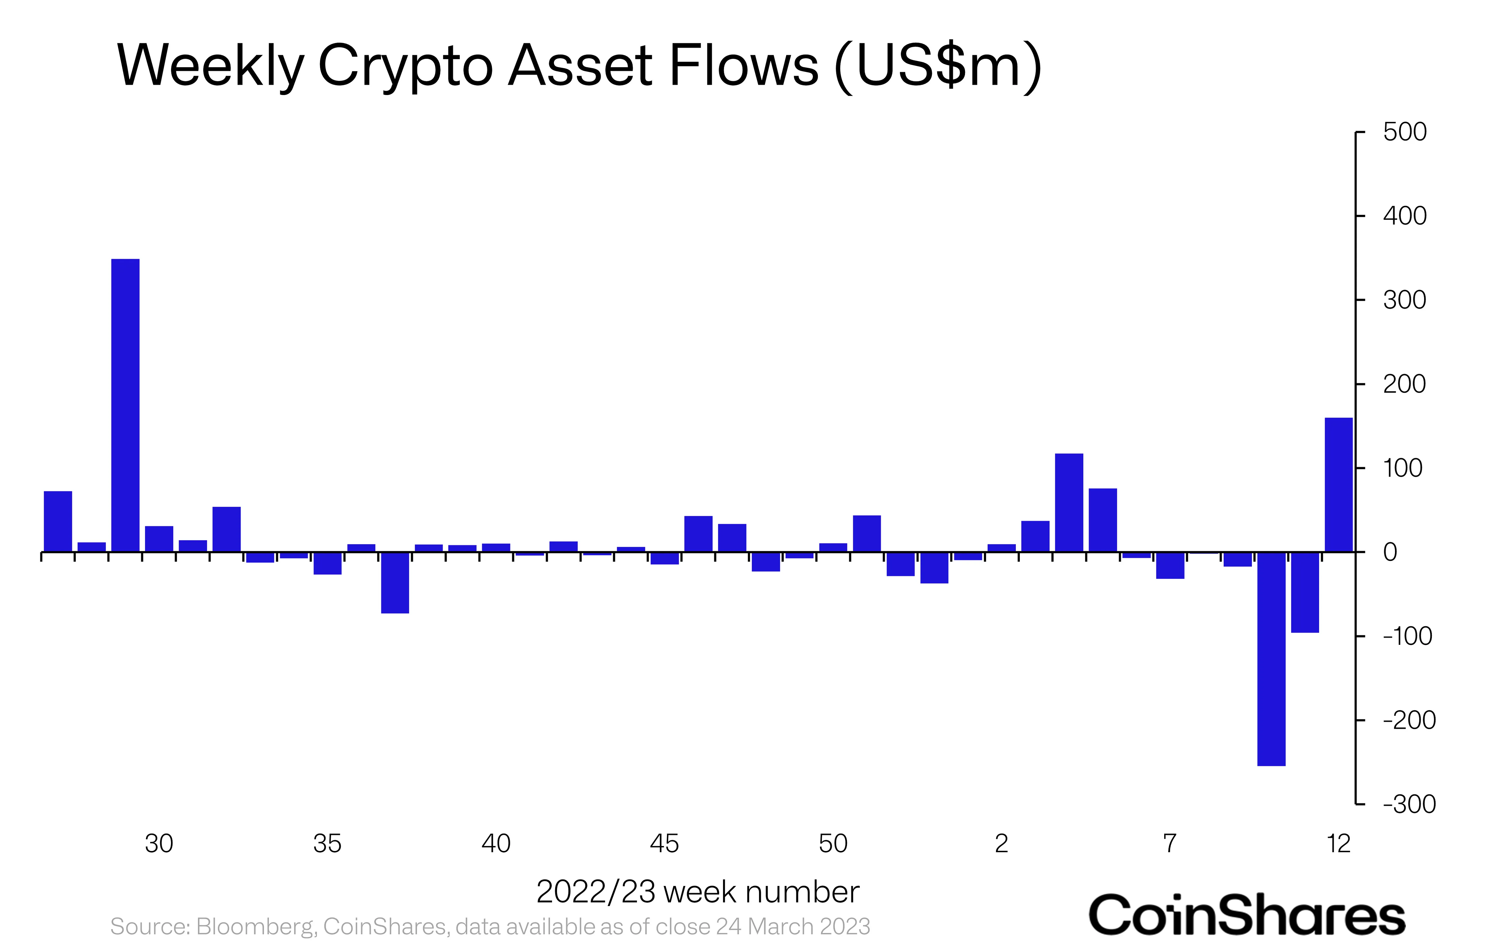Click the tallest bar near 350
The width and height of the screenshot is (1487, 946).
[125, 405]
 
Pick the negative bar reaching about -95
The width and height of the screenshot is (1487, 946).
[1305, 592]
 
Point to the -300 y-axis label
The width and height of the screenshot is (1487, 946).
[1409, 805]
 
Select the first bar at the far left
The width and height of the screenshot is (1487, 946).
[58, 521]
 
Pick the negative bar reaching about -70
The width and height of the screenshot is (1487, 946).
[395, 583]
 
